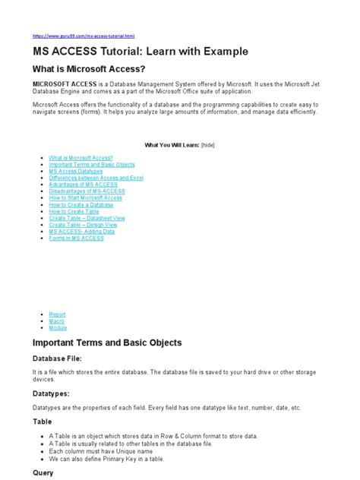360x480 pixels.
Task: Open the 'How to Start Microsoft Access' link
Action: (x=85, y=198)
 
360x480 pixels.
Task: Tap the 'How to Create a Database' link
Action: (x=81, y=205)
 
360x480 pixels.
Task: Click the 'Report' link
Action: (x=57, y=314)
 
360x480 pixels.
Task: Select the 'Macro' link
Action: (x=56, y=321)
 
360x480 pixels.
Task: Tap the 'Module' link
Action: (x=57, y=327)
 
